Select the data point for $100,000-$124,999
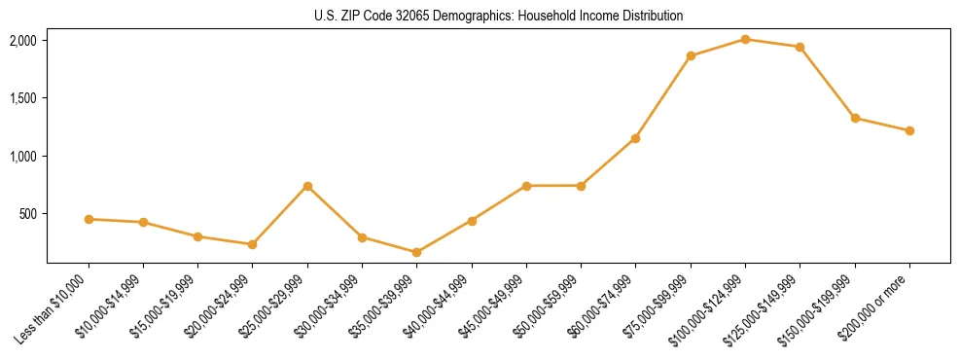(x=745, y=39)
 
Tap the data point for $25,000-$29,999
(x=307, y=186)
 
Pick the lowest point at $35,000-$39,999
(x=416, y=252)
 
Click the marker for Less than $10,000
(x=89, y=219)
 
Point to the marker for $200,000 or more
(x=909, y=130)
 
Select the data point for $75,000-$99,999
(x=691, y=55)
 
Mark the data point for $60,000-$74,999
(x=635, y=138)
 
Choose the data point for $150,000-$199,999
(x=855, y=118)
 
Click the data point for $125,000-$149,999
(x=800, y=47)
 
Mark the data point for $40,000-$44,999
(x=472, y=221)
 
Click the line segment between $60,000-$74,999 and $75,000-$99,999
(x=663, y=97)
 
